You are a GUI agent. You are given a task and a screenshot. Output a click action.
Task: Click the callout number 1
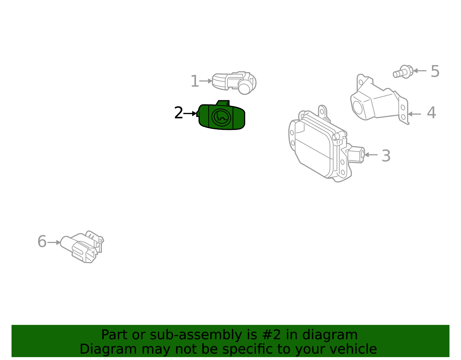click(195, 82)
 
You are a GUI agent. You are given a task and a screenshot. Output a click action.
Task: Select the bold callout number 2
click(179, 113)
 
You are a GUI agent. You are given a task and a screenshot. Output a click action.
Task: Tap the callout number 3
click(386, 156)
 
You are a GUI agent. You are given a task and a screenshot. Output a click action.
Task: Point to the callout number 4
click(431, 113)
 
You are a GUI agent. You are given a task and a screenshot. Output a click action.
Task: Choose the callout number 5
click(435, 71)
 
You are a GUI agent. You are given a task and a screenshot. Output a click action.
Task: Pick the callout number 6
click(42, 242)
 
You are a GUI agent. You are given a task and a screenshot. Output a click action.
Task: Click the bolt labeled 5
click(403, 72)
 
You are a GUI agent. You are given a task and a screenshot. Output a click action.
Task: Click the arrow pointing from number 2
click(190, 114)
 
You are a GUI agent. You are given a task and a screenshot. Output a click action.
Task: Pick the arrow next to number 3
click(371, 155)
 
